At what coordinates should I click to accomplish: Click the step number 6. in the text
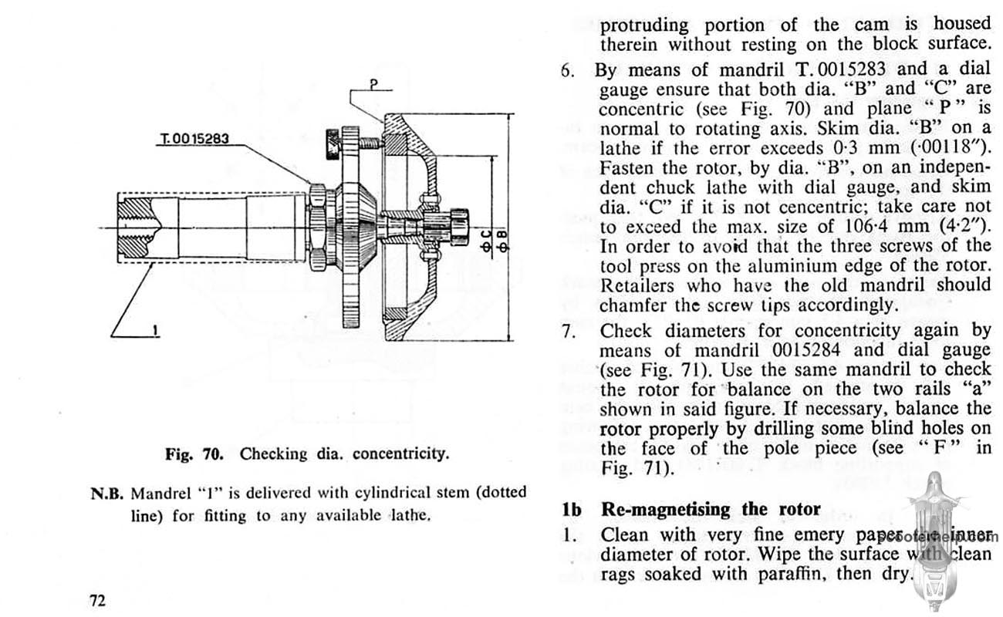point(569,71)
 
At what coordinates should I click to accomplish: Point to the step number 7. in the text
point(569,332)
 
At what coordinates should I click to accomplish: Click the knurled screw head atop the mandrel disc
point(334,141)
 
